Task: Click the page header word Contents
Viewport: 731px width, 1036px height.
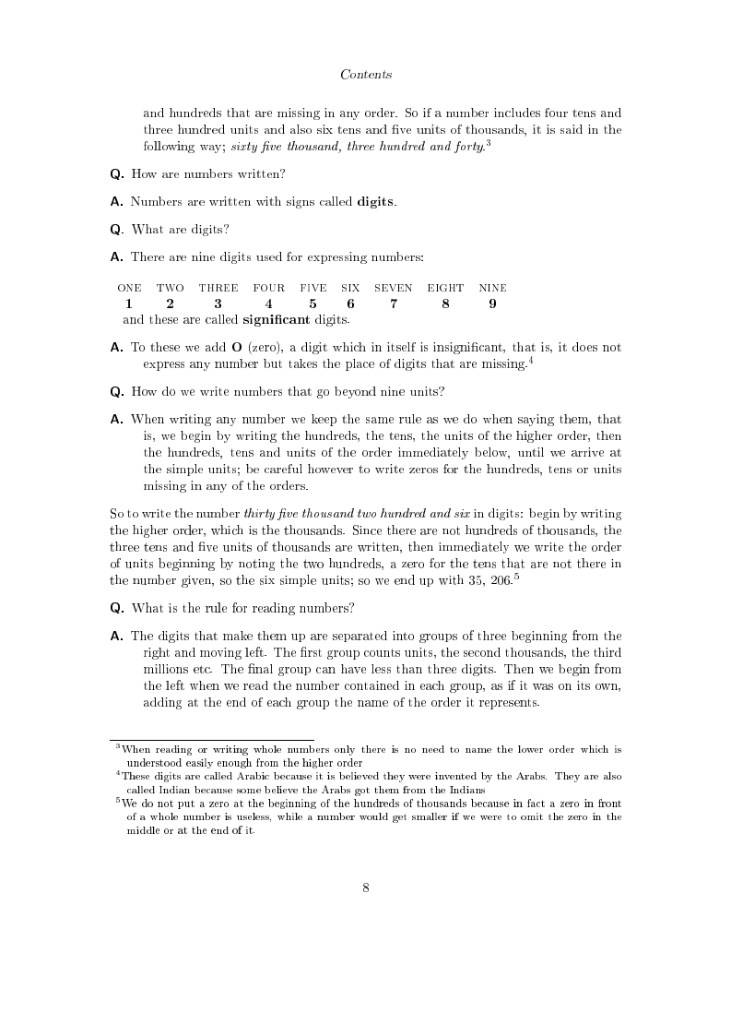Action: coord(366,74)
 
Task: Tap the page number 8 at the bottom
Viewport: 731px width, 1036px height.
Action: coord(366,887)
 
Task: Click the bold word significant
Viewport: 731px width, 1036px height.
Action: coord(277,320)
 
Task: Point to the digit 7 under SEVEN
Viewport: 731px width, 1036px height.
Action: coord(394,304)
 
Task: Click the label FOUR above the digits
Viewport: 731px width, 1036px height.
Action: coord(268,288)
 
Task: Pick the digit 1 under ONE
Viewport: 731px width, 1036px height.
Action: coord(129,304)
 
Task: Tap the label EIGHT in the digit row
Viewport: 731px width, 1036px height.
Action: coord(445,288)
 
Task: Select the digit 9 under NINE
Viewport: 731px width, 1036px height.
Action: coord(493,304)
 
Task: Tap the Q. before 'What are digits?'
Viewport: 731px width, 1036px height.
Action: coord(117,230)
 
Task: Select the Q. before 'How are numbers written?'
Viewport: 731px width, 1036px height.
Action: coord(117,174)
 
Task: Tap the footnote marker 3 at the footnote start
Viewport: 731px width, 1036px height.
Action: coord(118,745)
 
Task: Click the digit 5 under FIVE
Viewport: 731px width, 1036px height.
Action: coord(312,304)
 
